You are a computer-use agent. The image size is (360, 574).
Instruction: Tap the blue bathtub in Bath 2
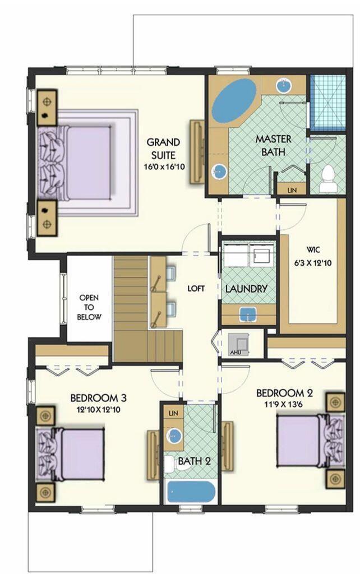coord(191,492)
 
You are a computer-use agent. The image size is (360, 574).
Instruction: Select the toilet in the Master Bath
coord(326,177)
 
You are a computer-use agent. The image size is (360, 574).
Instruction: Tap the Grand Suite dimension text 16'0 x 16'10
coord(164,166)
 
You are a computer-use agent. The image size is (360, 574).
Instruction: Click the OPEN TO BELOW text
coord(90,307)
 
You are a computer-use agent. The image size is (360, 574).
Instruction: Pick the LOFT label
coord(196,289)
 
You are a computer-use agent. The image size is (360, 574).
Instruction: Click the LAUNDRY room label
coord(246,289)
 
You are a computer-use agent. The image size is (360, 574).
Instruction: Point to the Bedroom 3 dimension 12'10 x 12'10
coord(98,409)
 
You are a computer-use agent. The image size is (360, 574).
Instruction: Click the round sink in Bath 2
coord(176,435)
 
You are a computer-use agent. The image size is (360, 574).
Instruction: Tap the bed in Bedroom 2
coord(306,440)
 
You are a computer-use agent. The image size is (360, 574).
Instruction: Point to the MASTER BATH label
coord(271,145)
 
